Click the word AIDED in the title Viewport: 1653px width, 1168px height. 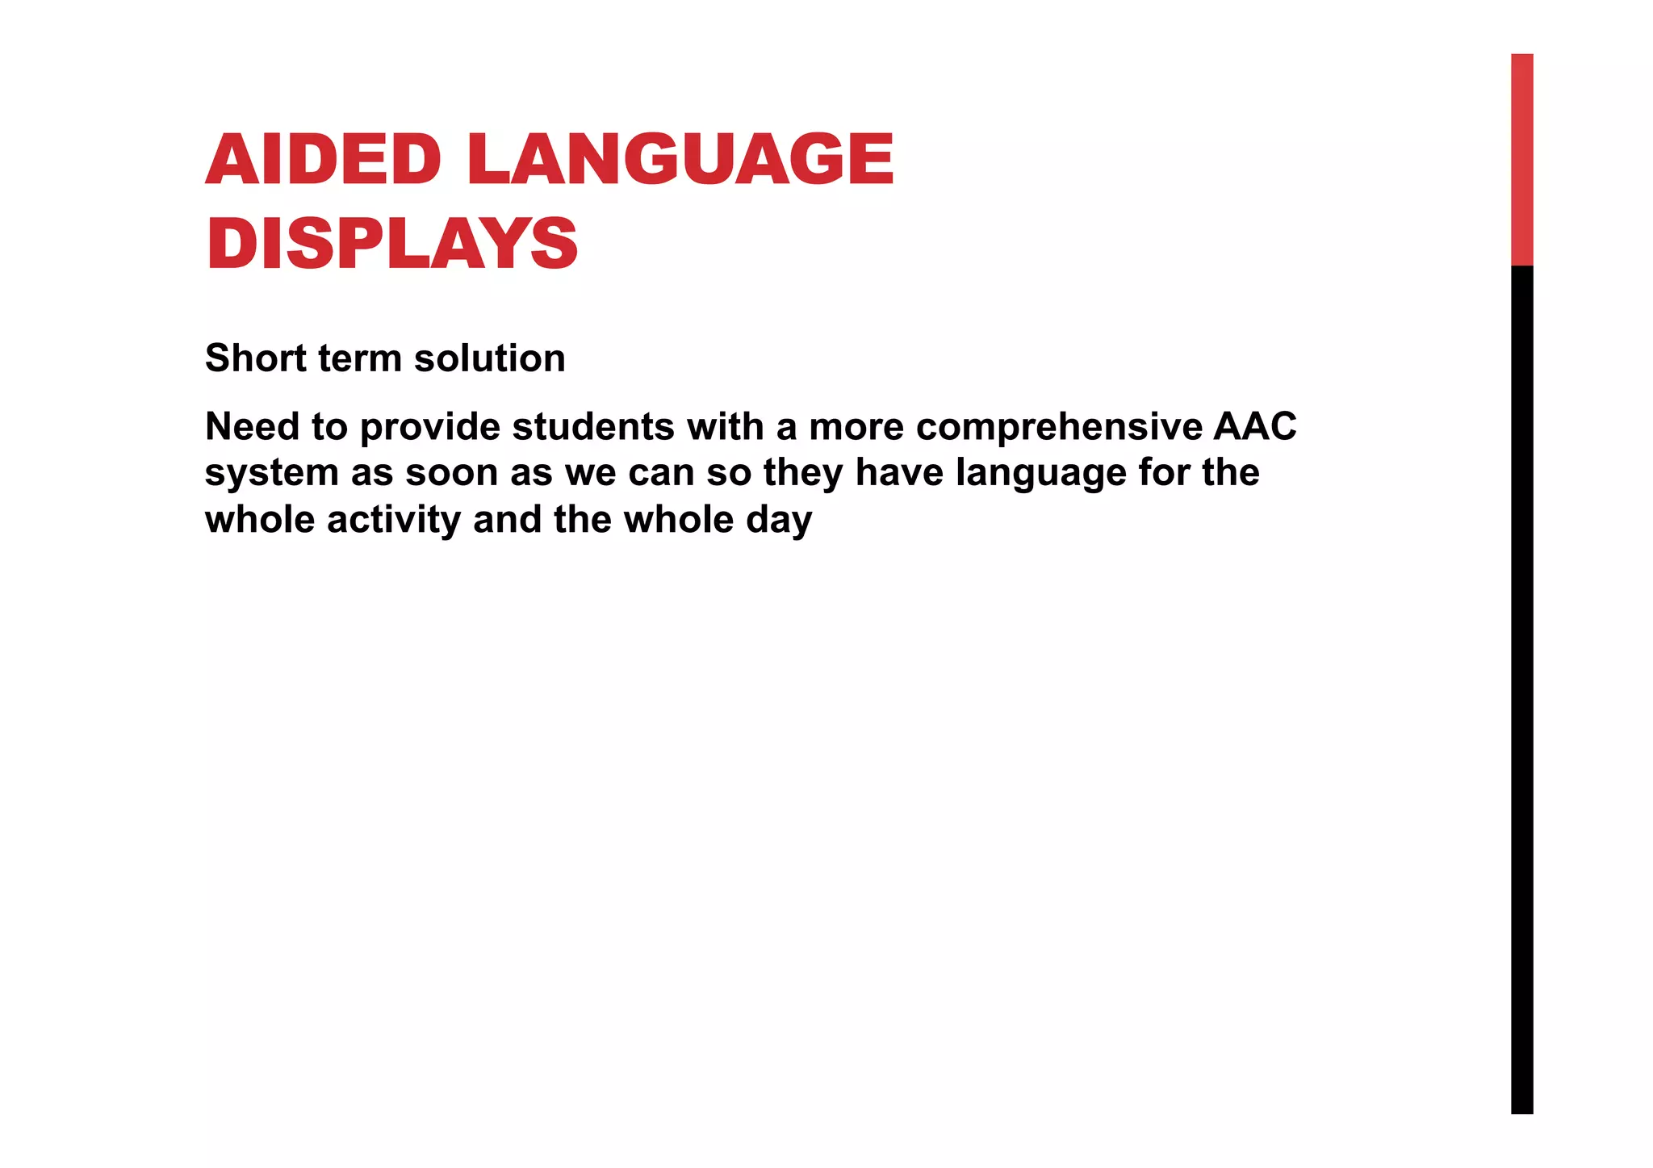(x=323, y=159)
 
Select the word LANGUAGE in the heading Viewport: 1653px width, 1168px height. (x=680, y=159)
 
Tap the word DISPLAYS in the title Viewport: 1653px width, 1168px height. (x=391, y=244)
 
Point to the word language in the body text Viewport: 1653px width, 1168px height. (x=1040, y=473)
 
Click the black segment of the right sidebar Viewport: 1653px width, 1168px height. (x=1521, y=686)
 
